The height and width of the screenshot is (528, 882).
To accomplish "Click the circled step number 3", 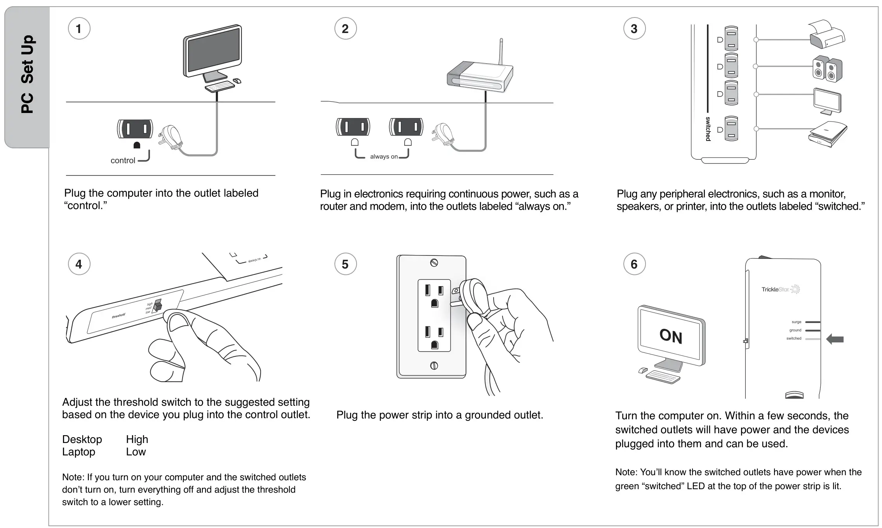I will (634, 29).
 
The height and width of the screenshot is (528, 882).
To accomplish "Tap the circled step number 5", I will (345, 264).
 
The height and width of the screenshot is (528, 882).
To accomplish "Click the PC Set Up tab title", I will (28, 74).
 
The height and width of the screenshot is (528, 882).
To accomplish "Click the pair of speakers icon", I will (827, 69).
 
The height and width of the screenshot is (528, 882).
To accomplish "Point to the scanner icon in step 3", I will (827, 134).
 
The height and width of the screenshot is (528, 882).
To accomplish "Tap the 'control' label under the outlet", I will (123, 161).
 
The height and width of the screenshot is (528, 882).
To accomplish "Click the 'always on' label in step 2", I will (383, 157).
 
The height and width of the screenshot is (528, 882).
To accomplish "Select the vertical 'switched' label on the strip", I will (708, 129).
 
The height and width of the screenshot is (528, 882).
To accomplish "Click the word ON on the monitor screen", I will (671, 336).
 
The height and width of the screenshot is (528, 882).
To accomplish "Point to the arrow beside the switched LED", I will (835, 339).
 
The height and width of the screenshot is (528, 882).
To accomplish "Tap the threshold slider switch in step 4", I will (157, 305).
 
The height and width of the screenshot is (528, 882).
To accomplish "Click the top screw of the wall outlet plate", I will (434, 263).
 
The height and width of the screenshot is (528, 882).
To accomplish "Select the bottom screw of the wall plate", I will (434, 365).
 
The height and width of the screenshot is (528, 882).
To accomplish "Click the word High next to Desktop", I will (137, 439).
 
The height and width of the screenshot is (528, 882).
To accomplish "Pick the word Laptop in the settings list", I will (78, 452).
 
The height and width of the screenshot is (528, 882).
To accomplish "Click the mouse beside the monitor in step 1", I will (237, 81).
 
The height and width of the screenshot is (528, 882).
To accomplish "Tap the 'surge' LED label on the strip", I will (796, 322).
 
